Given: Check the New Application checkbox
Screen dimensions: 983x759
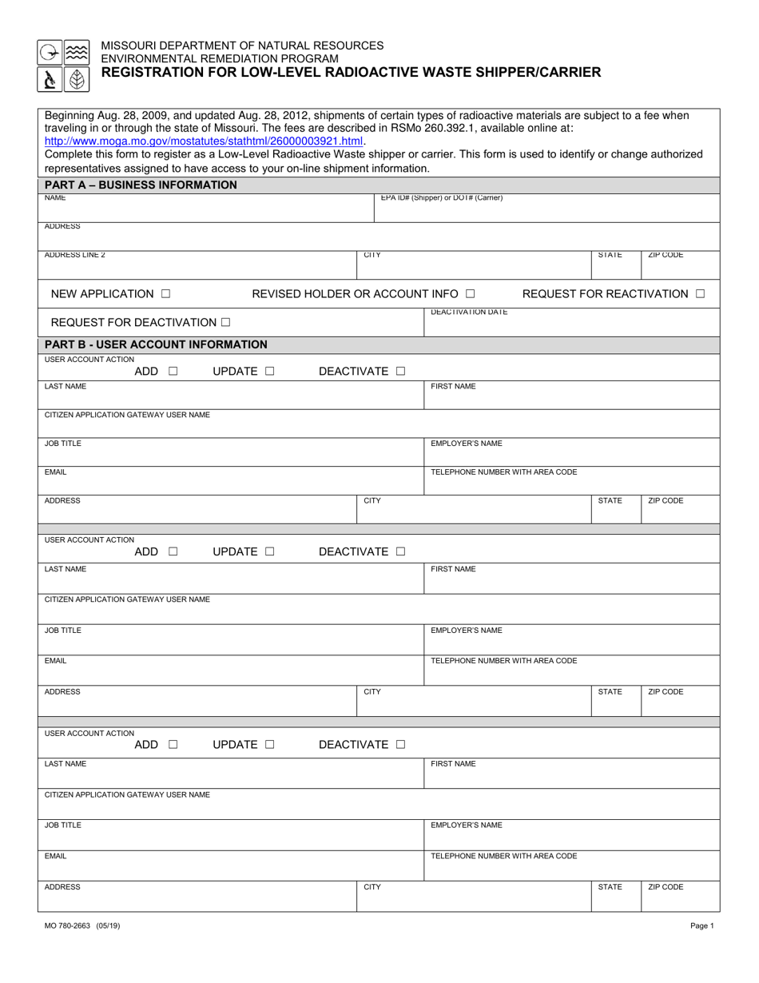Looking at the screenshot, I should (x=165, y=294).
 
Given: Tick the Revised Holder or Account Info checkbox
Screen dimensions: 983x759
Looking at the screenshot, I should (x=471, y=294).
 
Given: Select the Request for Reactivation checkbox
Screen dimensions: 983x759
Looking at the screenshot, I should (x=700, y=294).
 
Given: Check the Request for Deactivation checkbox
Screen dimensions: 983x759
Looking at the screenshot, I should (x=226, y=323).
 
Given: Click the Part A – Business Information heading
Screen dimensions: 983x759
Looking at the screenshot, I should (x=141, y=185).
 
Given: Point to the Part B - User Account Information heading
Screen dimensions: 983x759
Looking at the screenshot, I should (x=156, y=344).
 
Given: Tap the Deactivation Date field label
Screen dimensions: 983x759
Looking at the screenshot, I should (x=468, y=312).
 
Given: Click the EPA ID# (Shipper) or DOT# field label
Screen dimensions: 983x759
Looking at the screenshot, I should (x=441, y=197).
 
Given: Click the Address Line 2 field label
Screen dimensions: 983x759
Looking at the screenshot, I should (x=74, y=255).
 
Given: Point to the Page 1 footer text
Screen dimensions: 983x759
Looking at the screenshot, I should (x=702, y=925).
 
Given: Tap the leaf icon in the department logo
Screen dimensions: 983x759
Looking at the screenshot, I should (x=77, y=79).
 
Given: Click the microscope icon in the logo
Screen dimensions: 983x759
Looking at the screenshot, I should (x=50, y=79).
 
